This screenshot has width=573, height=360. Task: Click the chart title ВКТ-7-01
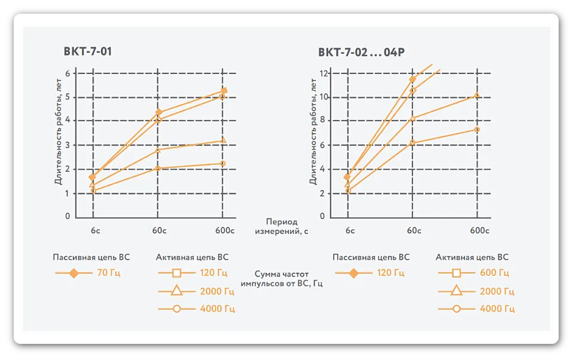pyautogui.click(x=88, y=51)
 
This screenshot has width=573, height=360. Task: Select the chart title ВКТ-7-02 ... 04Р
pyautogui.click(x=362, y=52)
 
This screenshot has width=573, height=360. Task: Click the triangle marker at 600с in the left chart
pyautogui.click(x=223, y=141)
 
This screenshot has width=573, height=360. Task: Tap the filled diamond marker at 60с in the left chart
pyautogui.click(x=158, y=112)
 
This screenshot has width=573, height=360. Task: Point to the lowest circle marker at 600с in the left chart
pyautogui.click(x=223, y=164)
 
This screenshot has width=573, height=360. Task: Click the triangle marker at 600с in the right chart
pyautogui.click(x=476, y=95)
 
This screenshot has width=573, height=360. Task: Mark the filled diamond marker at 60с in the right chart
pyautogui.click(x=412, y=79)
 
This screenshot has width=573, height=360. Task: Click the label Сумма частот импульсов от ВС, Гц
pyautogui.click(x=282, y=278)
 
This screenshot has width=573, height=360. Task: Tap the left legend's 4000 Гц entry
pyautogui.click(x=218, y=309)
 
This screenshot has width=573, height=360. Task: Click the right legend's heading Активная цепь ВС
pyautogui.click(x=472, y=257)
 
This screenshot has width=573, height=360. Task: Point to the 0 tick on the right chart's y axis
pyautogui.click(x=323, y=217)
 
